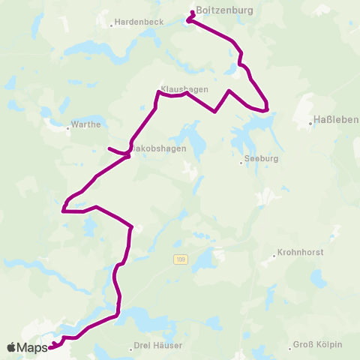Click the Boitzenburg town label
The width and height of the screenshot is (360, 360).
point(223,10)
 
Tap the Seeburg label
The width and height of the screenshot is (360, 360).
point(259,159)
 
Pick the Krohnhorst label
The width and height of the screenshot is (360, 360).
point(301,253)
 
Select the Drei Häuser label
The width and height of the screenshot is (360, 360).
point(157,345)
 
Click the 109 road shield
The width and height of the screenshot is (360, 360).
point(179,260)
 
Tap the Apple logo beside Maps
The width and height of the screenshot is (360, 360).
point(11,347)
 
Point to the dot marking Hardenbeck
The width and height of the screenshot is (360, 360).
point(112,25)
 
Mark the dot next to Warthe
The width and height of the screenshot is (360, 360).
point(67,128)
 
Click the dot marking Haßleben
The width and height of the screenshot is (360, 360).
point(311,123)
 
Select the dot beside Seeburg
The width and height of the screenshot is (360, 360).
point(241,159)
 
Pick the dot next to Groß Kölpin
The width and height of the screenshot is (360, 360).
point(290,347)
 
